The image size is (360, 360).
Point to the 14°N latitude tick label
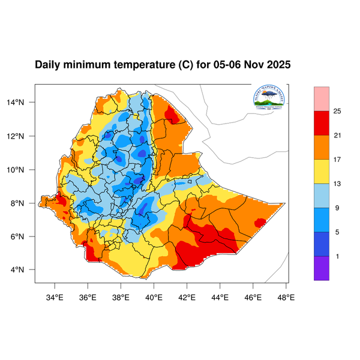coord(22,103)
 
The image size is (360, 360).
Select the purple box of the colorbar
coord(322,268)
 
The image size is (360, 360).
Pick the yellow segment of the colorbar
coord(322,170)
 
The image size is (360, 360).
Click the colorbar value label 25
coord(337,112)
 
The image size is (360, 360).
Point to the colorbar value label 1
coord(337,256)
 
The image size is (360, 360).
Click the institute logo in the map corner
coord(268,98)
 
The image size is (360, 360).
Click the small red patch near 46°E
coord(260,223)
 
